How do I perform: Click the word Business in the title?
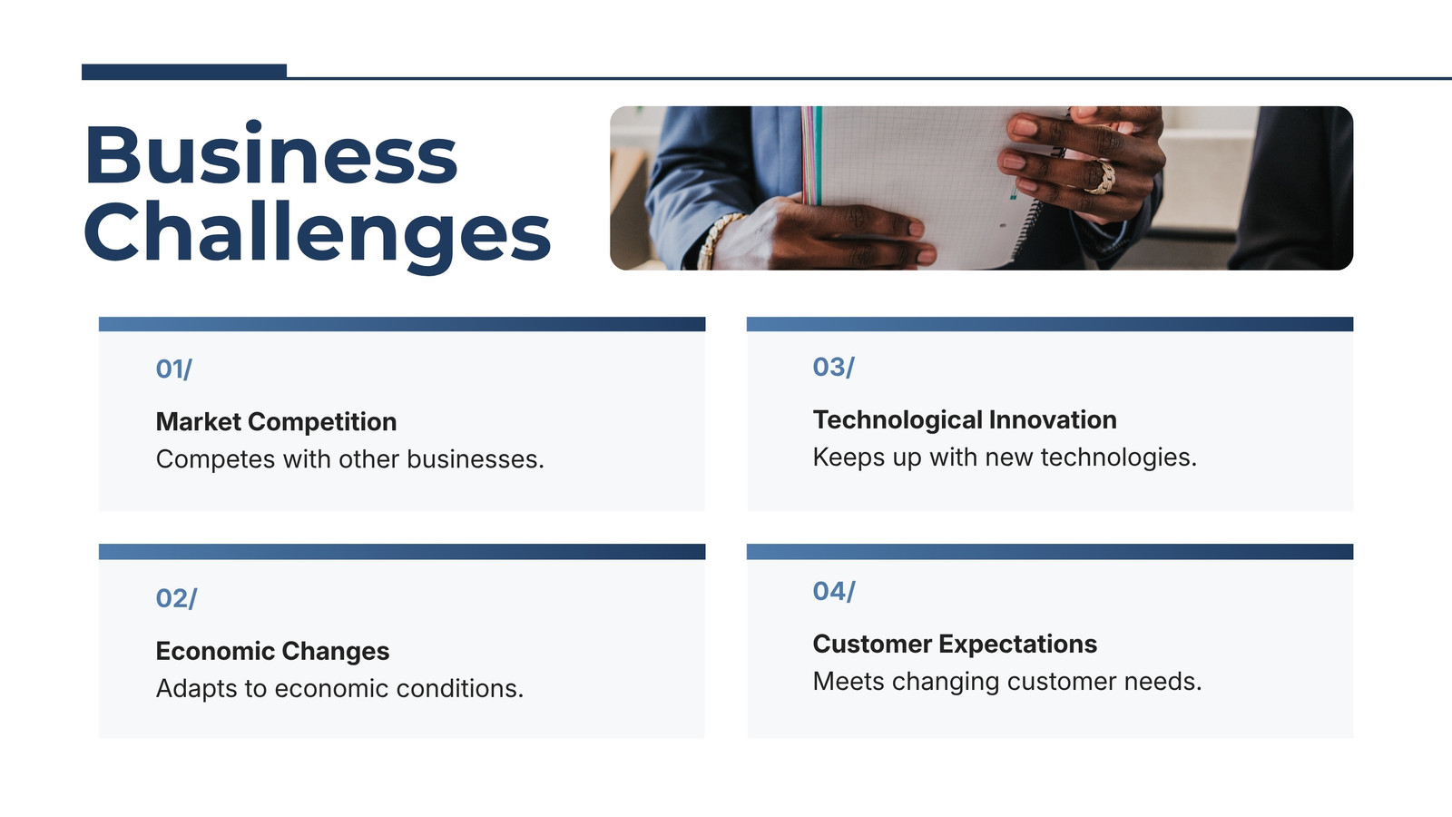tap(271, 153)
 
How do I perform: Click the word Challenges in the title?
tap(318, 236)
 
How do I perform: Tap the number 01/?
tap(173, 369)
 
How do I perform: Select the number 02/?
tap(176, 598)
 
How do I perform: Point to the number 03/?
tap(834, 367)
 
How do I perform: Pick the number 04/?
tap(834, 591)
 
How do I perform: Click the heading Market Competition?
tap(276, 421)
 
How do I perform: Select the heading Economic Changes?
tap(272, 651)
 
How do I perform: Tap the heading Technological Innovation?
tap(965, 419)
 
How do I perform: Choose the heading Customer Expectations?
tap(955, 644)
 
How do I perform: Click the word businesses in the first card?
tap(476, 459)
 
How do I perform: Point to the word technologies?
tap(1118, 458)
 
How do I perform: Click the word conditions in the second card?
tap(459, 688)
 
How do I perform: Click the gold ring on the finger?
tap(1101, 178)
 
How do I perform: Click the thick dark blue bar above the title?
tap(184, 72)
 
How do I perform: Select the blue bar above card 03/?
tap(1050, 324)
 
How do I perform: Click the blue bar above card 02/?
tap(402, 552)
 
